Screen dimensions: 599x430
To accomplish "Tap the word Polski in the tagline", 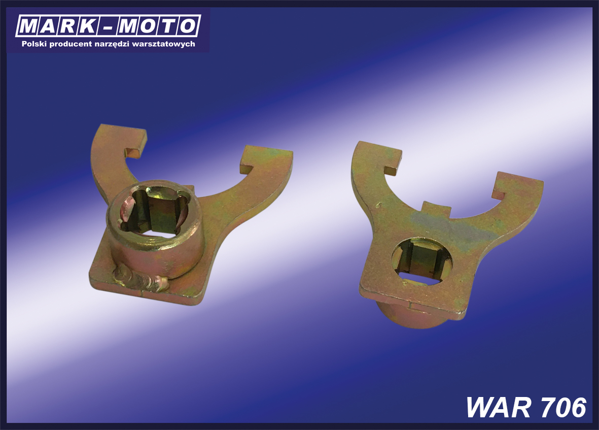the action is click(34, 44).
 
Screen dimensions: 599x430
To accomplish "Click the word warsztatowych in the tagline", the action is click(163, 44).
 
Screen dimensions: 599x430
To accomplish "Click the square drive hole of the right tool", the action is click(422, 260).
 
